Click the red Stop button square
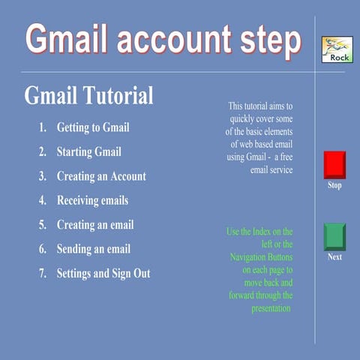point(334,164)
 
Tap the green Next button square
point(334,236)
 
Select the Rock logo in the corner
point(335,49)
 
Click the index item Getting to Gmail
point(93,127)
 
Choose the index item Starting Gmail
point(88,151)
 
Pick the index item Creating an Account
point(101,176)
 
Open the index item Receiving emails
point(92,200)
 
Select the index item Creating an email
point(95,224)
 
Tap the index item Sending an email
point(94,249)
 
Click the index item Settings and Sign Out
point(103,273)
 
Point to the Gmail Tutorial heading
point(88,96)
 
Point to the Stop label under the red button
point(334,185)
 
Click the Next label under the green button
point(334,257)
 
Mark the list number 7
point(43,273)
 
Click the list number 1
point(43,127)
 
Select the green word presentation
point(271,308)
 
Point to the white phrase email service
point(270,170)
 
